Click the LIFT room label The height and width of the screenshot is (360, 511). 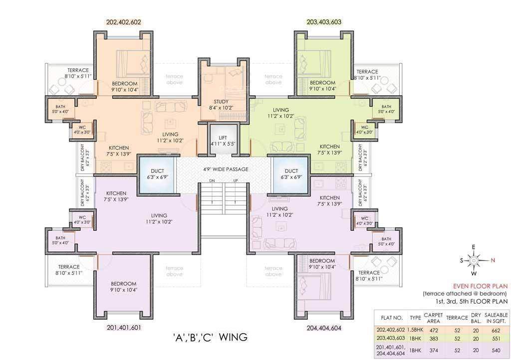click(223, 138)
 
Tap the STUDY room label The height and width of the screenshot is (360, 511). click(221, 102)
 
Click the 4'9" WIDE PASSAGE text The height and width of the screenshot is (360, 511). click(226, 169)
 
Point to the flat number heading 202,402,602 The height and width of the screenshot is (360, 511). click(124, 22)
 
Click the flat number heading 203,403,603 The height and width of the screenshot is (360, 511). click(324, 22)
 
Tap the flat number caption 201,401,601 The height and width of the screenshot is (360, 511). click(124, 328)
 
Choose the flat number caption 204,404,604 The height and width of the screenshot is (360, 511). click(324, 328)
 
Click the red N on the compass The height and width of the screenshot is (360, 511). click(493, 260)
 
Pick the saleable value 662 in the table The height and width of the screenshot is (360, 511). click(496, 331)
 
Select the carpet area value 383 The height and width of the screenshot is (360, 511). click(434, 339)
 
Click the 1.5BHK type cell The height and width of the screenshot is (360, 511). click(416, 330)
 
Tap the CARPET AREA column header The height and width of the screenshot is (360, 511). click(434, 318)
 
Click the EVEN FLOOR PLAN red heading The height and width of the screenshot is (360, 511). click(481, 286)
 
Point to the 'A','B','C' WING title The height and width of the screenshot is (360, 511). click(210, 337)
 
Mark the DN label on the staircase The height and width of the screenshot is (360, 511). click(212, 180)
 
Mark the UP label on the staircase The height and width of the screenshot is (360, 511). click(236, 180)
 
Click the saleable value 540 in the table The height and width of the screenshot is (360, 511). click(496, 351)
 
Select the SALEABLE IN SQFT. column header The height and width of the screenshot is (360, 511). click(496, 318)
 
